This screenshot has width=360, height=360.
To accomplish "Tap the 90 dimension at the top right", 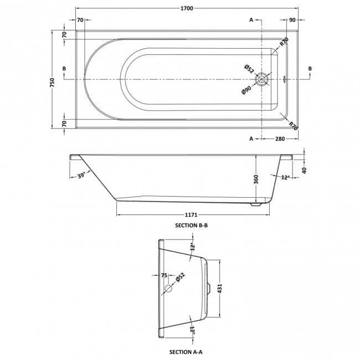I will (291, 20).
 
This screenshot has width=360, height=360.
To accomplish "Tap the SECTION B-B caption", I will (190, 225).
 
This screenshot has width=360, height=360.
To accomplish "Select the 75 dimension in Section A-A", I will (164, 275).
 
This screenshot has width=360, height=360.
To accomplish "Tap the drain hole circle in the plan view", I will (261, 80).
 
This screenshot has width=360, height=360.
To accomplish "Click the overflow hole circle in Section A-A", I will (169, 289).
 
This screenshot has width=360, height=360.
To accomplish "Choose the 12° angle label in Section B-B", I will (285, 177).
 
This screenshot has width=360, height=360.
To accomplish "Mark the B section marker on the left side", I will (65, 69).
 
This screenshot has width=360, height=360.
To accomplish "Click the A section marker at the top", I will (251, 20).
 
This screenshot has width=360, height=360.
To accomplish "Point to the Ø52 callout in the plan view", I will (249, 69).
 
